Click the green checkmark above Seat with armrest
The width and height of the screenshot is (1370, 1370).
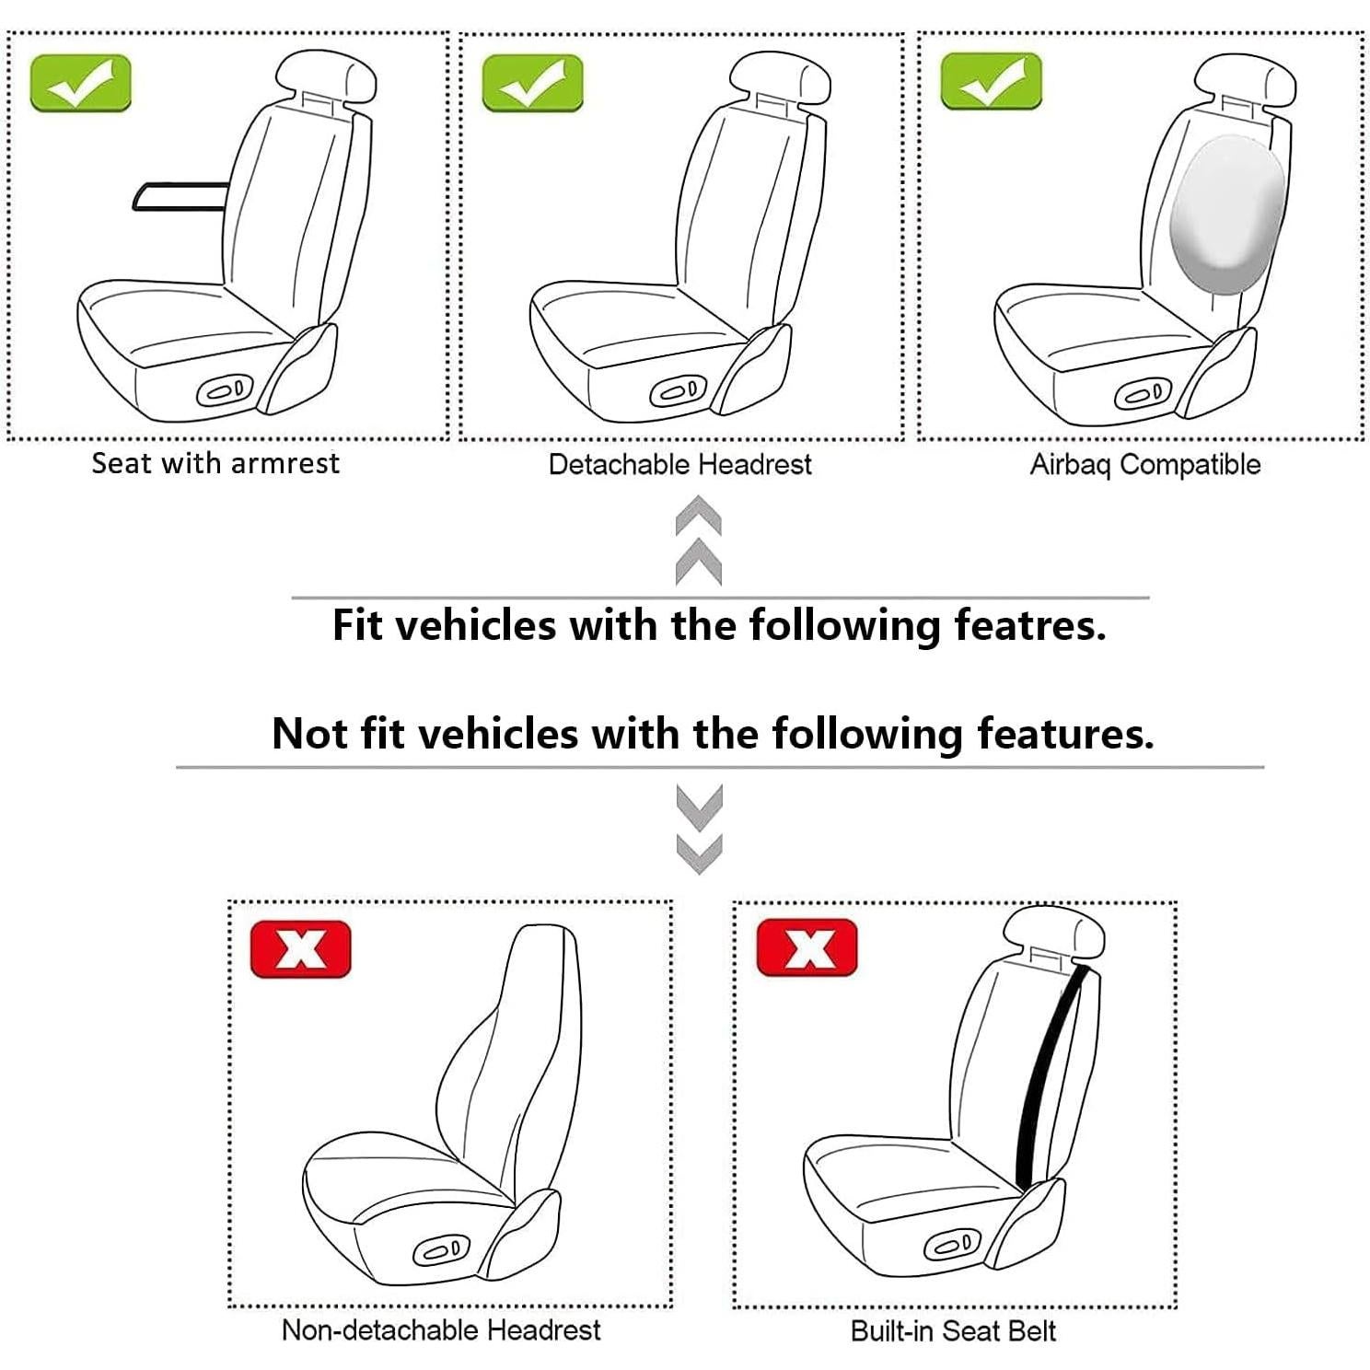(80, 83)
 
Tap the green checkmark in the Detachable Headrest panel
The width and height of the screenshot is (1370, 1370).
(532, 83)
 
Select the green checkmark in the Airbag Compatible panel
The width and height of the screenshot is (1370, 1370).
(991, 81)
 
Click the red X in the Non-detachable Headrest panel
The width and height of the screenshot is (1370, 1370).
(300, 948)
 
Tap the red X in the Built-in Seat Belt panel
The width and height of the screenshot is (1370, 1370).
(807, 947)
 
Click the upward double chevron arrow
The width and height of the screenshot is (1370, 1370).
(698, 540)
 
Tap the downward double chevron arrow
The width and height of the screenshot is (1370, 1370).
(699, 828)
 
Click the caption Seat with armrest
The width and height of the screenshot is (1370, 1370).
(215, 463)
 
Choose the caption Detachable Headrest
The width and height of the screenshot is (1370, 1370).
(679, 464)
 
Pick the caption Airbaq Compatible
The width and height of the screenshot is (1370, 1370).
(1144, 464)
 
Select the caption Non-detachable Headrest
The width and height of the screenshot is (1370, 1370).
(441, 1329)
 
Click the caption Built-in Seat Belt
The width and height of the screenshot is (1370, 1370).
(953, 1330)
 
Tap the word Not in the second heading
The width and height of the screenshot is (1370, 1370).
(309, 734)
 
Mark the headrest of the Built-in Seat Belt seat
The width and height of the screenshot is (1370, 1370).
(1052, 932)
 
